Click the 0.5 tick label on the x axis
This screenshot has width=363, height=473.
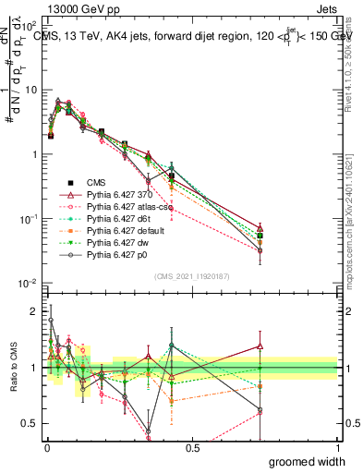click(x=192, y=448)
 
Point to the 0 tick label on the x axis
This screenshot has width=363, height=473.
click(x=47, y=448)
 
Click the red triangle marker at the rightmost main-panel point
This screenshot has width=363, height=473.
click(x=338, y=228)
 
